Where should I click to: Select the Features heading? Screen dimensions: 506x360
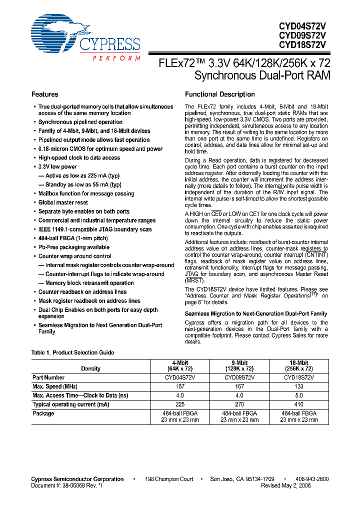click(x=44, y=94)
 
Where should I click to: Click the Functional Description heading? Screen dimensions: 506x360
click(x=219, y=94)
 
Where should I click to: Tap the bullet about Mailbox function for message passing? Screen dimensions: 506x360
click(x=86, y=193)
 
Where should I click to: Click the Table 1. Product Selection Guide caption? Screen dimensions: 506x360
click(x=72, y=352)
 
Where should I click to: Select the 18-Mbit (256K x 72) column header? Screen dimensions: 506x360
click(x=299, y=365)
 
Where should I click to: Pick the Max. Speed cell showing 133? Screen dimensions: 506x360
click(x=299, y=386)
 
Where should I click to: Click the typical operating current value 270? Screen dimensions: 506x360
click(x=240, y=404)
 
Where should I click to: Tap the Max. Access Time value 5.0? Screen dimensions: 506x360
click(x=299, y=395)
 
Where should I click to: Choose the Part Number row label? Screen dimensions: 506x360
click(x=48, y=377)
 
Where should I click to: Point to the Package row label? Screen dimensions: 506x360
click(x=43, y=413)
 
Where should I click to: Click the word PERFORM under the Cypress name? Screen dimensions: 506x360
click(x=116, y=58)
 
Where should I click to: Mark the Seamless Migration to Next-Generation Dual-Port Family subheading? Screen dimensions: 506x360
click(x=256, y=313)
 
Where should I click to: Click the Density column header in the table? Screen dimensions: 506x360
click(x=90, y=368)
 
